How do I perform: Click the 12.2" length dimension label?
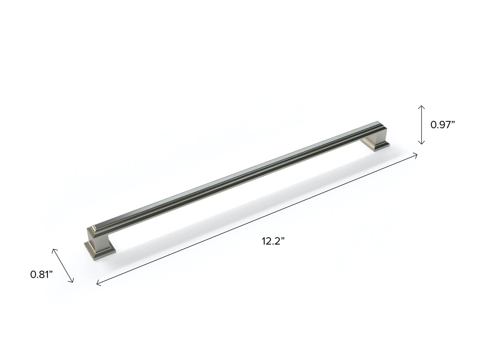273,241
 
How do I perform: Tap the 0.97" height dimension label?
443,125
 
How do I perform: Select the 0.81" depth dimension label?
41,274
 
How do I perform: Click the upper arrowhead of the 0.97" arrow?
421,107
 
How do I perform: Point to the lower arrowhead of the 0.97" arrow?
421,143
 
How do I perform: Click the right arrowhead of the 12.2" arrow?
415,156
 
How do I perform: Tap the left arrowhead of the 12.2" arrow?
99,284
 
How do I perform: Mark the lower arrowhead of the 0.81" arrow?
71,280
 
